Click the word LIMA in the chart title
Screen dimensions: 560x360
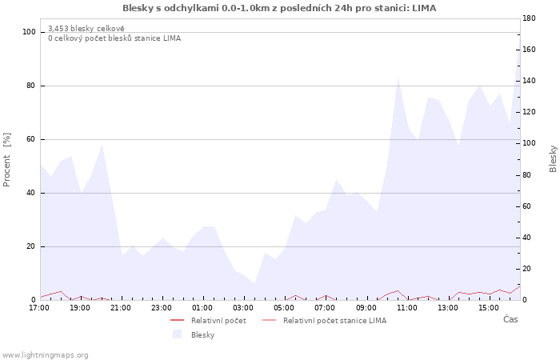click(x=424, y=8)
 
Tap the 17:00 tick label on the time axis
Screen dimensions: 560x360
click(x=39, y=308)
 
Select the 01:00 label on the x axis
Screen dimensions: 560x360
click(x=202, y=308)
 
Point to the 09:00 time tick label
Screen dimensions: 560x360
click(x=366, y=308)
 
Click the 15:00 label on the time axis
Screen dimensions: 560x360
click(x=489, y=308)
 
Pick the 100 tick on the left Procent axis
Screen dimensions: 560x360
click(x=29, y=32)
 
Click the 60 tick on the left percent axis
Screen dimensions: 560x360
click(x=30, y=139)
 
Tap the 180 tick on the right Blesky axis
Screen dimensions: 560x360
click(x=529, y=18)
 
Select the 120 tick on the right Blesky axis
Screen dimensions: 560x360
click(x=529, y=112)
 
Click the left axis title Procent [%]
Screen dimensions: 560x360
click(x=6, y=160)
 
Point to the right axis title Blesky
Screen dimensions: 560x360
click(x=553, y=159)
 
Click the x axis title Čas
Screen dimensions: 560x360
click(x=510, y=319)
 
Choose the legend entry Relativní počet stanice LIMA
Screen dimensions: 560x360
click(x=334, y=321)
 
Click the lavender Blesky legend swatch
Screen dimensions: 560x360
click(x=177, y=334)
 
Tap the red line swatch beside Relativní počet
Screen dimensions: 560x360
click(x=177, y=320)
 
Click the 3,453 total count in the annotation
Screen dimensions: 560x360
click(x=58, y=28)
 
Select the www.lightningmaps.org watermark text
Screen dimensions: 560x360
click(x=45, y=355)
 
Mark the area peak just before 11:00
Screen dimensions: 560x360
click(x=398, y=77)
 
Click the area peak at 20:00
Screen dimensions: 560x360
click(x=102, y=144)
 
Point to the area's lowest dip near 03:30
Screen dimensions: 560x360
click(x=254, y=283)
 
